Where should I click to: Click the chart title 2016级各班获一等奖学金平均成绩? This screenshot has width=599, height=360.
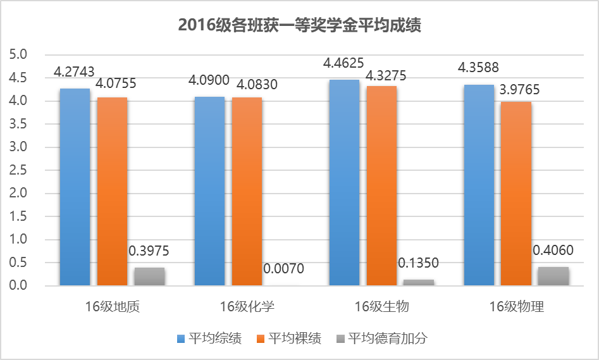[x=299, y=26]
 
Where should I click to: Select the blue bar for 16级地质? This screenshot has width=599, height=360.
[x=75, y=187]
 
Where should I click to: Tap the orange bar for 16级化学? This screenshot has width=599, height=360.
[x=247, y=192]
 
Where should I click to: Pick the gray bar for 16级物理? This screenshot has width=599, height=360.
[x=553, y=276]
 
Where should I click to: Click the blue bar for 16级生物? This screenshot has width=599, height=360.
[x=344, y=183]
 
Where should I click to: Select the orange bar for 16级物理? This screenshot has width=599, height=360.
[x=516, y=194]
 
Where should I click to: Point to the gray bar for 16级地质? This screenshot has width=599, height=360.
[x=149, y=276]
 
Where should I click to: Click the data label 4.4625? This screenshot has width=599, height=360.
[x=343, y=64]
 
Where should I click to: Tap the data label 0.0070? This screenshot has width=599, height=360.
[x=283, y=269]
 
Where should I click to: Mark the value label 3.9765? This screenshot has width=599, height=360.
[x=516, y=90]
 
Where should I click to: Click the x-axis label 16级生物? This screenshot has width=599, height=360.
[x=381, y=307]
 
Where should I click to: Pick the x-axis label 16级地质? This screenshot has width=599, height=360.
[x=112, y=307]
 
